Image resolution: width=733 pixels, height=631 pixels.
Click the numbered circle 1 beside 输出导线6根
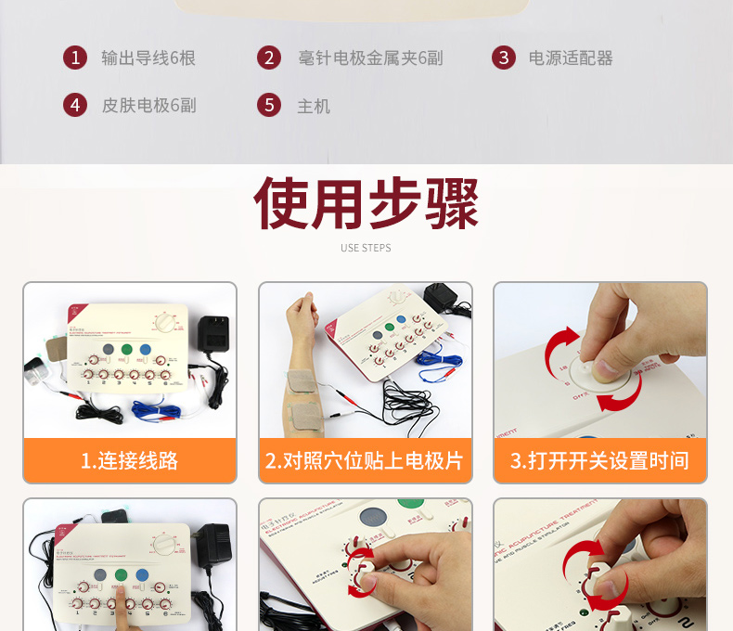click(75, 58)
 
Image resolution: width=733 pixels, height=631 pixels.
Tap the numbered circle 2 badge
click(269, 58)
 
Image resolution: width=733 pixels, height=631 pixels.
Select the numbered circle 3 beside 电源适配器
click(504, 58)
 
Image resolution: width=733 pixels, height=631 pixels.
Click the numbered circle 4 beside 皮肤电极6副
click(75, 105)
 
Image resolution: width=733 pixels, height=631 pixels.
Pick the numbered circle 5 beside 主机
click(269, 105)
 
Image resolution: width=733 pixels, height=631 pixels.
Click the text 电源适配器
click(571, 58)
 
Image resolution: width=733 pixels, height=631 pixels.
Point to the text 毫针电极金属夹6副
click(370, 58)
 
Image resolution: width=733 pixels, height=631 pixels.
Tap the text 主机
click(314, 106)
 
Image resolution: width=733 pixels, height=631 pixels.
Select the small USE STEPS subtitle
click(366, 248)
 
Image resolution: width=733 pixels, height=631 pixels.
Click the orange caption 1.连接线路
click(130, 460)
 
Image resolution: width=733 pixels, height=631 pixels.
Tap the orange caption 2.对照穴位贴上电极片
click(365, 460)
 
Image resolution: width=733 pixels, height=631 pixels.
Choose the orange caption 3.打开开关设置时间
click(600, 460)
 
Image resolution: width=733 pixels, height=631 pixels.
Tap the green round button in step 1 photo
click(126, 351)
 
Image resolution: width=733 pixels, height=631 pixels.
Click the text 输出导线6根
click(148, 58)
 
